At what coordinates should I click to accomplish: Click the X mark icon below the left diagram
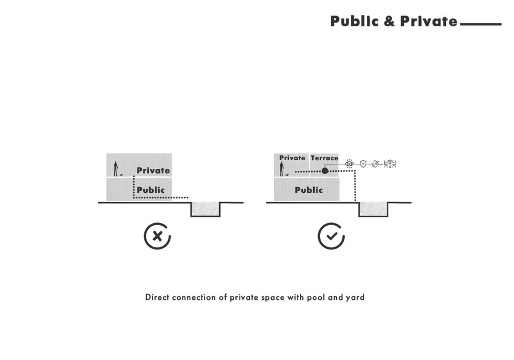pyautogui.click(x=157, y=236)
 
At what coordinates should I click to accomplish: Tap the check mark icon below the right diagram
pyautogui.click(x=331, y=236)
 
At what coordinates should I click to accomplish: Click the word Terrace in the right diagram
pyautogui.click(x=324, y=158)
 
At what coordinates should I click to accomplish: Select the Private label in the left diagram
pyautogui.click(x=153, y=170)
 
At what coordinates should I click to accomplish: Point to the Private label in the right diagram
pyautogui.click(x=292, y=158)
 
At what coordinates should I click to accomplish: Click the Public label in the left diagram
pyautogui.click(x=151, y=190)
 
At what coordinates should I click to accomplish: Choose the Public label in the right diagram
pyautogui.click(x=309, y=190)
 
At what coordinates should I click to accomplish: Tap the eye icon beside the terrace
pyautogui.click(x=350, y=163)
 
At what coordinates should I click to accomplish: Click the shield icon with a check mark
pyautogui.click(x=363, y=163)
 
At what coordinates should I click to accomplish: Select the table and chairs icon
pyautogui.click(x=390, y=163)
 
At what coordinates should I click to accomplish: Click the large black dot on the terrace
pyautogui.click(x=325, y=171)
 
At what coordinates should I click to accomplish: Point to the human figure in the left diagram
pyautogui.click(x=115, y=169)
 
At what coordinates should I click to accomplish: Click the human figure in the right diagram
pyautogui.click(x=281, y=169)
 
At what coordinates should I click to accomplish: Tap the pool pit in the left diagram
pyautogui.click(x=206, y=209)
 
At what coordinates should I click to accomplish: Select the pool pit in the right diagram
pyautogui.click(x=374, y=209)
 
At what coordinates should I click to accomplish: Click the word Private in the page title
pyautogui.click(x=429, y=21)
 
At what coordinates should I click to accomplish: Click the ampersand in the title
pyautogui.click(x=389, y=21)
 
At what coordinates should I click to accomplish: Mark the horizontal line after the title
pyautogui.click(x=481, y=24)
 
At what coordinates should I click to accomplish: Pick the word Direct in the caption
pyautogui.click(x=157, y=297)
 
